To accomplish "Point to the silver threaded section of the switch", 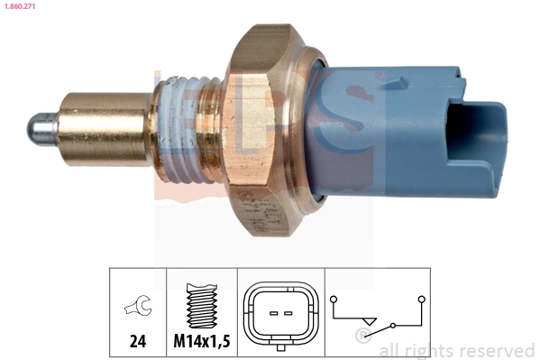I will [x=187, y=127].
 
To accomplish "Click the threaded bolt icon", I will [x=202, y=307].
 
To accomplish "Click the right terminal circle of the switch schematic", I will [x=421, y=296].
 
